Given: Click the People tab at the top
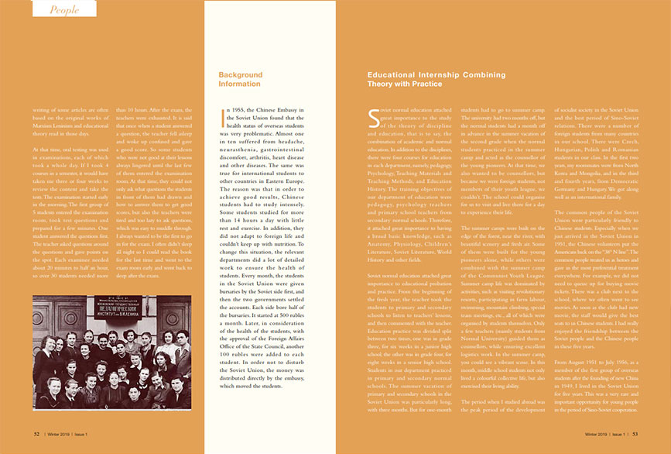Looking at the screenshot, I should click(x=65, y=9).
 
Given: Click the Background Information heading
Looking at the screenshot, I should click(x=241, y=79).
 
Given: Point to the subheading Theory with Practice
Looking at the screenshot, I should click(x=405, y=84).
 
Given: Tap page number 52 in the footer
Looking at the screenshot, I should click(x=37, y=435).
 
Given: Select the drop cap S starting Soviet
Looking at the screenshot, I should click(x=373, y=118).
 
